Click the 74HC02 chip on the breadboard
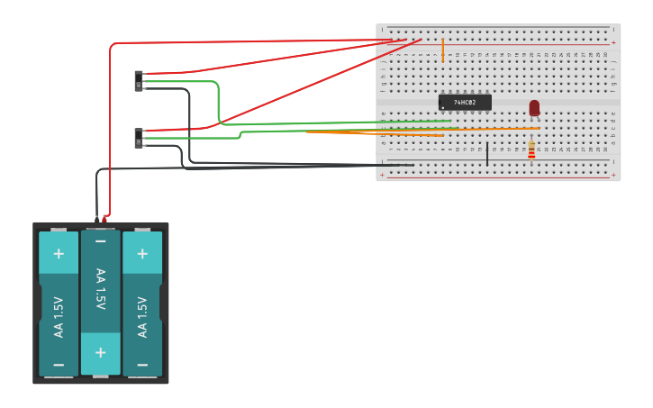pyautogui.click(x=465, y=103)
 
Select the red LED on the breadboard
pyautogui.click(x=534, y=108)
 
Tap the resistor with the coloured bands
pyautogui.click(x=531, y=150)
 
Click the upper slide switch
pyautogui.click(x=139, y=81)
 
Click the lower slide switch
pyautogui.click(x=139, y=139)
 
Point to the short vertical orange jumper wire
pyautogui.click(x=443, y=50)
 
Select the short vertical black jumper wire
pyautogui.click(x=487, y=153)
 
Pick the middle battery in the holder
pyautogui.click(x=100, y=302)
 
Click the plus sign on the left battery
pyautogui.click(x=59, y=253)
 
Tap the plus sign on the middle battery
pyautogui.click(x=100, y=352)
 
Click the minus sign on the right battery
pyautogui.click(x=142, y=365)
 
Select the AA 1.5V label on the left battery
pyautogui.click(x=59, y=317)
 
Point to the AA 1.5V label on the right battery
pyautogui.click(x=142, y=317)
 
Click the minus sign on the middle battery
pyautogui.click(x=100, y=241)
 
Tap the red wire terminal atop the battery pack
pyautogui.click(x=105, y=218)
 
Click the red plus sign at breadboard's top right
pyautogui.click(x=613, y=42)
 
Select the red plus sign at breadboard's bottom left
pyautogui.click(x=383, y=174)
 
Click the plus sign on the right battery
pyautogui.click(x=142, y=253)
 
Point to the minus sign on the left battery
pyautogui.click(x=59, y=365)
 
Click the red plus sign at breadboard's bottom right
pyautogui.click(x=613, y=174)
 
